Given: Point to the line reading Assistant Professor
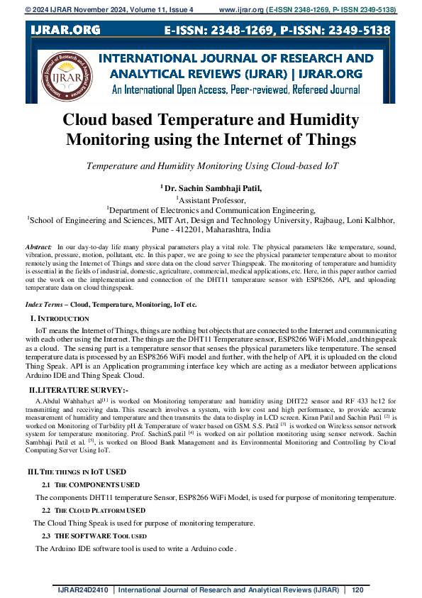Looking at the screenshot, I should click(x=211, y=200).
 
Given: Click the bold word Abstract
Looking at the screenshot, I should click(x=38, y=245).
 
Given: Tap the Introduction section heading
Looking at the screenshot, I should click(x=62, y=318).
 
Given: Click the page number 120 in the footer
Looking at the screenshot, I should click(x=357, y=589).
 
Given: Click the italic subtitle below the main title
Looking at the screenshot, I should click(x=211, y=165).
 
